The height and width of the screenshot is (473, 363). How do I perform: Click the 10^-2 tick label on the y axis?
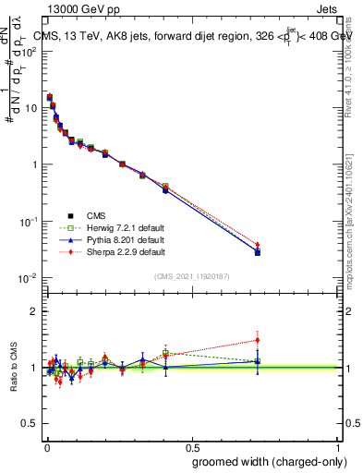[x=28, y=279]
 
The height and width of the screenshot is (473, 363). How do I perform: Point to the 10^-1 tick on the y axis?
[x=28, y=222]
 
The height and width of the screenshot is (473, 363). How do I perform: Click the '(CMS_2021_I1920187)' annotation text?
[x=191, y=276]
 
